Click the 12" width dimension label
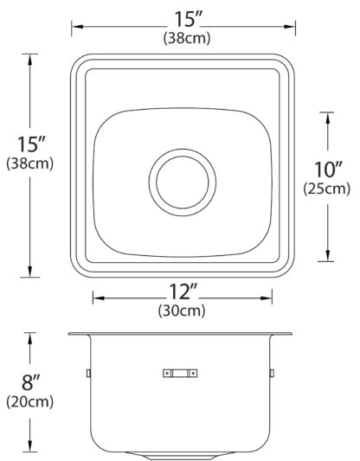pos(183,291)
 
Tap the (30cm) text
pos(182,311)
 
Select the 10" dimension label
pos(328,170)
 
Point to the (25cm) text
pos(327,189)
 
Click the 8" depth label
pos(30,382)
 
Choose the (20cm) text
pos(30,402)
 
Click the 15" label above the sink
pos(189,19)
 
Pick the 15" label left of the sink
pos(31,144)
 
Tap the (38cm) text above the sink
pos(187,38)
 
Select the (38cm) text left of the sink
pos(30,163)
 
